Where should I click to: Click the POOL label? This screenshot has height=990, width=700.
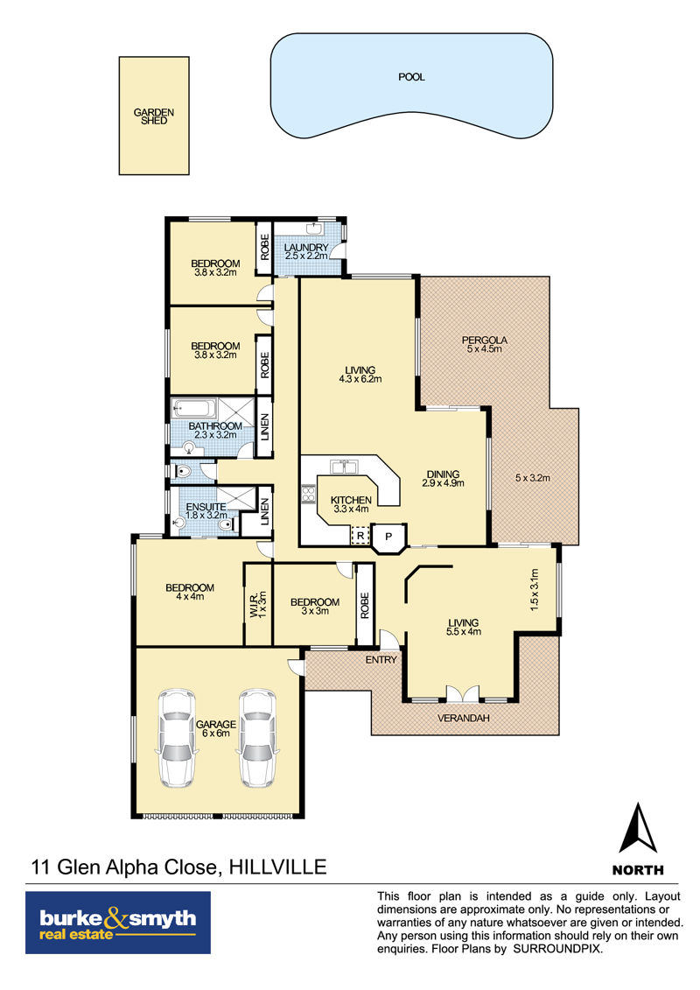411,77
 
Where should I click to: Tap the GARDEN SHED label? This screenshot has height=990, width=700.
154,116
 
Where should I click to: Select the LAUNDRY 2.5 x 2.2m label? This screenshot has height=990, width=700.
306,252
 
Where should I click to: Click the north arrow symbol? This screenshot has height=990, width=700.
638,828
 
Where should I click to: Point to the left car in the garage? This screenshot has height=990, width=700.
177,737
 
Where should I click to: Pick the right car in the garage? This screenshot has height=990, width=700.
257,737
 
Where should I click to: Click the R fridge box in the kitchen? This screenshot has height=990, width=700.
360,536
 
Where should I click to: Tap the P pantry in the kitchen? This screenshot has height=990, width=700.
388,537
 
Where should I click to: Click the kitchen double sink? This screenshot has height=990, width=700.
345,467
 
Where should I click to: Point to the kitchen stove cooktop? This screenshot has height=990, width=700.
308,494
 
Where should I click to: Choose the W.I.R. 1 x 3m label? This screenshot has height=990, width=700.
258,604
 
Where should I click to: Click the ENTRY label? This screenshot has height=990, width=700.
381,660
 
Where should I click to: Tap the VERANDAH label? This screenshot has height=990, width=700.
463,718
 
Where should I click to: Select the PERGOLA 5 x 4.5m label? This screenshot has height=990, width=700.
485,344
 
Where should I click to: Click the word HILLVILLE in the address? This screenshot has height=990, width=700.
277,867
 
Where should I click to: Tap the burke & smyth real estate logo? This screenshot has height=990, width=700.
118,923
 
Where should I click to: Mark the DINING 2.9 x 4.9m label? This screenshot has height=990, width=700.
443,479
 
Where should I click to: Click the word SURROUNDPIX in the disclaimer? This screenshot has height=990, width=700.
558,949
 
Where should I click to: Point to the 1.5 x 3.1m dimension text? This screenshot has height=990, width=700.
535,589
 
